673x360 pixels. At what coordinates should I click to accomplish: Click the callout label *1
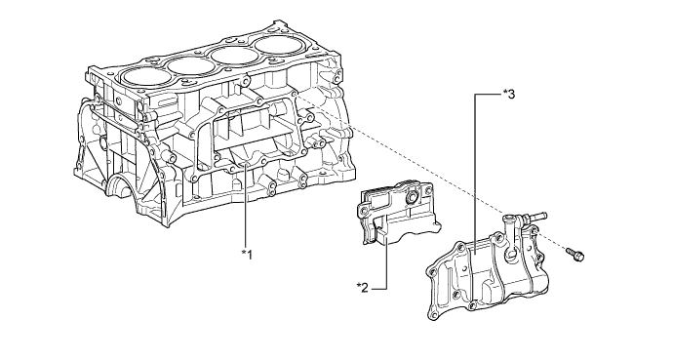pyautogui.click(x=247, y=255)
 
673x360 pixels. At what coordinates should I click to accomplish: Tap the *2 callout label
pyautogui.click(x=363, y=288)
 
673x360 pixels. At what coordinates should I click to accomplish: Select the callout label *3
pyautogui.click(x=509, y=95)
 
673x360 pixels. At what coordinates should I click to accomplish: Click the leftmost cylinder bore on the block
pyautogui.click(x=142, y=76)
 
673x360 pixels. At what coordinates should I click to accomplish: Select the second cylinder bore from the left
pyautogui.click(x=187, y=65)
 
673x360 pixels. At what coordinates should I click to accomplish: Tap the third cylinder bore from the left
pyautogui.click(x=231, y=55)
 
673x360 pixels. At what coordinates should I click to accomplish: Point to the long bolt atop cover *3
pyautogui.click(x=534, y=217)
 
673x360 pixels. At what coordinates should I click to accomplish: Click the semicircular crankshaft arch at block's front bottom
pyautogui.click(x=121, y=184)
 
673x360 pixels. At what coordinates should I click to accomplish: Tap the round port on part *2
pyautogui.click(x=411, y=197)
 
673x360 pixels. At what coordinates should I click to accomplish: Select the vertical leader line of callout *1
pyautogui.click(x=245, y=206)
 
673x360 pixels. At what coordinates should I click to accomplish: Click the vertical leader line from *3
pyautogui.click(x=475, y=175)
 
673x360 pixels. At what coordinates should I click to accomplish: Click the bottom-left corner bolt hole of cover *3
pyautogui.click(x=433, y=317)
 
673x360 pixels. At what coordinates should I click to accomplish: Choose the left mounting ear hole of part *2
pyautogui.click(x=364, y=211)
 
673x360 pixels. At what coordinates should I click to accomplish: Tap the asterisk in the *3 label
pyautogui.click(x=505, y=92)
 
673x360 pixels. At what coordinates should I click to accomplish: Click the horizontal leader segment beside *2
pyautogui.click(x=379, y=289)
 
